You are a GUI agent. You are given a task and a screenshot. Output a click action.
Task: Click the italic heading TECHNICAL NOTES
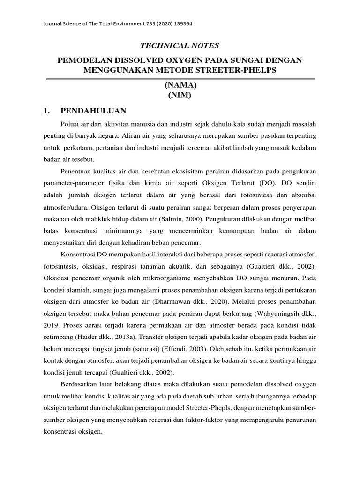[x=180, y=45]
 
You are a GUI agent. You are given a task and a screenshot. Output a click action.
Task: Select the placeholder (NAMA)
[x=180, y=85]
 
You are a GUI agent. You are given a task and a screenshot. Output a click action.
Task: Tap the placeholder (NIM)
[x=180, y=95]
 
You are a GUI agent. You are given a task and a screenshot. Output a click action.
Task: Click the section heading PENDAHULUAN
[x=93, y=111]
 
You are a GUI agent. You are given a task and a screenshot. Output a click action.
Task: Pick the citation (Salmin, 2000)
[x=184, y=218]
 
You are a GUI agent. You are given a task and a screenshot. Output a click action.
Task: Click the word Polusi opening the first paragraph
[x=70, y=123]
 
